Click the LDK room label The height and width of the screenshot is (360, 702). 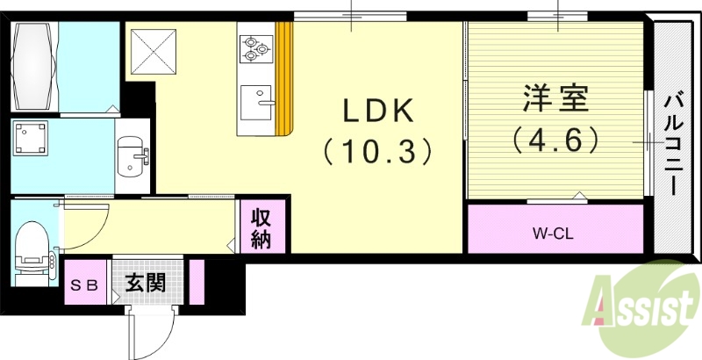coord(377,111)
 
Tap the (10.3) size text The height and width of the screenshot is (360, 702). coord(377,151)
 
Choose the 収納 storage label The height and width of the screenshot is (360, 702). coord(261,227)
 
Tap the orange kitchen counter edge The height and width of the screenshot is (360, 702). coord(283,79)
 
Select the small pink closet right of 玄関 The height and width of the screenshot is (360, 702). coord(197,282)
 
